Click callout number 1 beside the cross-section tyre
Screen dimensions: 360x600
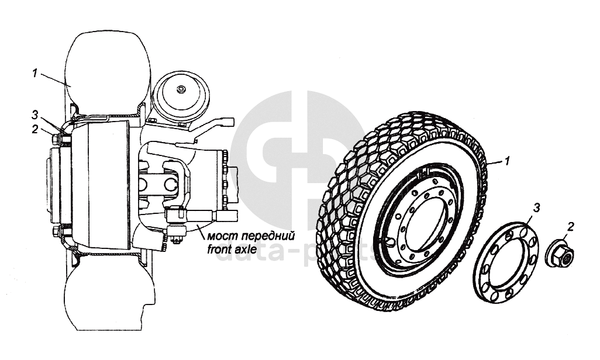coord(35,73)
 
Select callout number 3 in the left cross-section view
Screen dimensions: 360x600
coord(35,113)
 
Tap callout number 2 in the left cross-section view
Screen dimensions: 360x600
coord(35,129)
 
